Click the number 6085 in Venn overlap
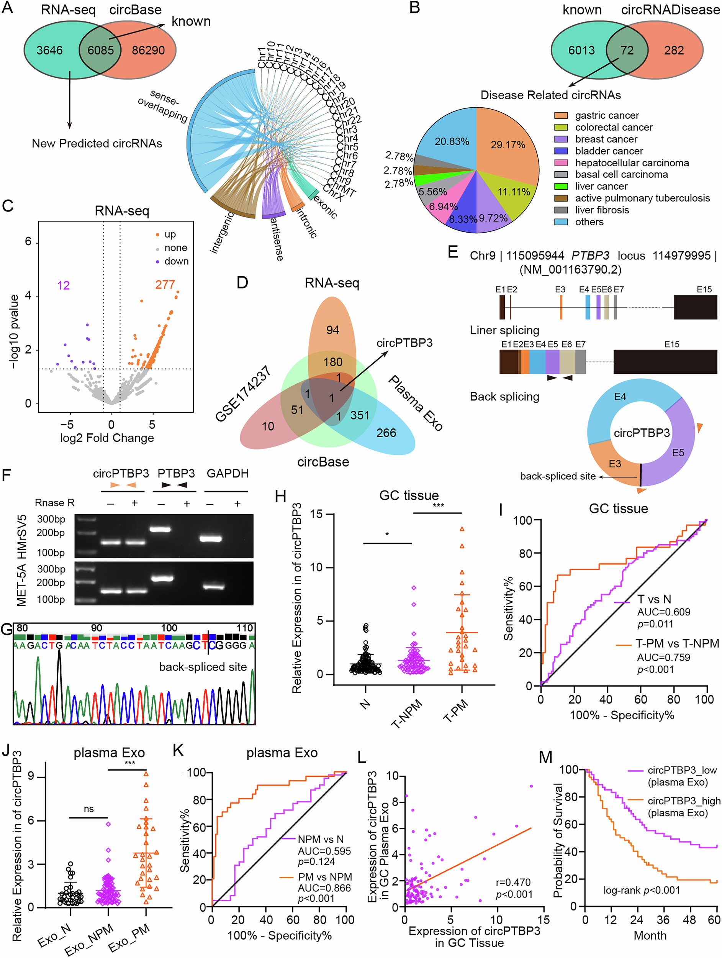[100, 50]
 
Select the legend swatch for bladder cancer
[561, 151]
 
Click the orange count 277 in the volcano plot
[165, 285]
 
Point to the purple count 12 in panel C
[63, 285]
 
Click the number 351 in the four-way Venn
[359, 415]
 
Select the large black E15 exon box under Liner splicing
[665, 362]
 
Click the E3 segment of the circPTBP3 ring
[615, 464]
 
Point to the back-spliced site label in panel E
[558, 476]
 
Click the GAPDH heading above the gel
[228, 473]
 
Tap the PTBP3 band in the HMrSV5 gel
[160, 529]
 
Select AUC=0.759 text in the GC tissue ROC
[663, 658]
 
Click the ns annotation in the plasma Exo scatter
[88, 809]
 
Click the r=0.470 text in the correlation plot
[513, 882]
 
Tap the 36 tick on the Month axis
[663, 919]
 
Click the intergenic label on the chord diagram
[222, 233]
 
